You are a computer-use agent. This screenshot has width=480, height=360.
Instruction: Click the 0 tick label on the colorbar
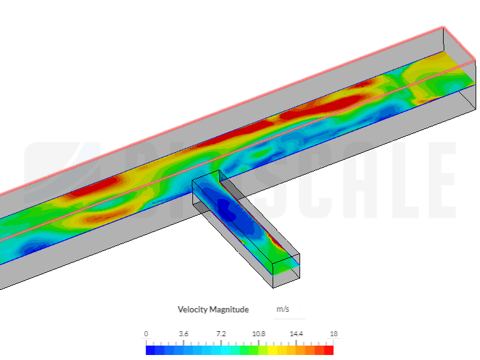tap(146, 334)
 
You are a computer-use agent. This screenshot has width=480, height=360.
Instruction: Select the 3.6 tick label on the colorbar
tap(184, 334)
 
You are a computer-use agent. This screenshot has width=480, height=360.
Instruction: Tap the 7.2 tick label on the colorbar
tap(221, 334)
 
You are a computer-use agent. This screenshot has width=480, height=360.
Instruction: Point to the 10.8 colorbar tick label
tap(259, 334)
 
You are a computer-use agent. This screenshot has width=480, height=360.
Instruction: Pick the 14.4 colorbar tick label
tap(296, 334)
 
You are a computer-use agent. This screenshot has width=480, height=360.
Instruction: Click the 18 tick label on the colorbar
tap(333, 334)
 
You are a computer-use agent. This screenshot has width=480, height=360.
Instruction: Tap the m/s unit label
tap(283, 309)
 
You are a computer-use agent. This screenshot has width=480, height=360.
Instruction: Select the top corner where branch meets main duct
tap(217, 170)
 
